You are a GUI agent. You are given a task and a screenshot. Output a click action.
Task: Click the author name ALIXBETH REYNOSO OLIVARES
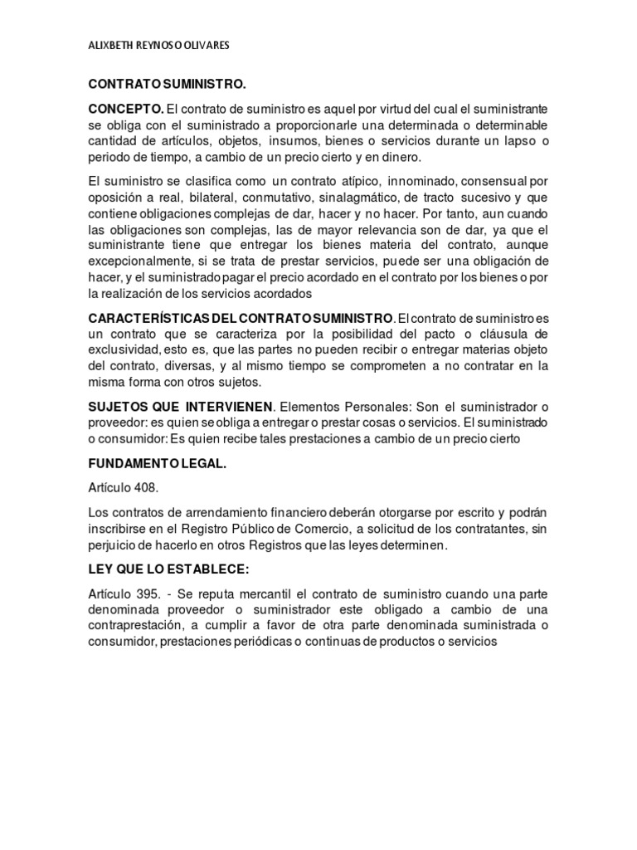(158, 46)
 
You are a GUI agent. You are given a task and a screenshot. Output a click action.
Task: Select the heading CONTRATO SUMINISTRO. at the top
(168, 85)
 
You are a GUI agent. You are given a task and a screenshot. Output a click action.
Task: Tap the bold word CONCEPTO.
(126, 110)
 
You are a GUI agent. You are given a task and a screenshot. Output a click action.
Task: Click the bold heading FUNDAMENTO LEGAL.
(157, 464)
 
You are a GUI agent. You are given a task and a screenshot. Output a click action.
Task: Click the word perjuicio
(113, 545)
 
